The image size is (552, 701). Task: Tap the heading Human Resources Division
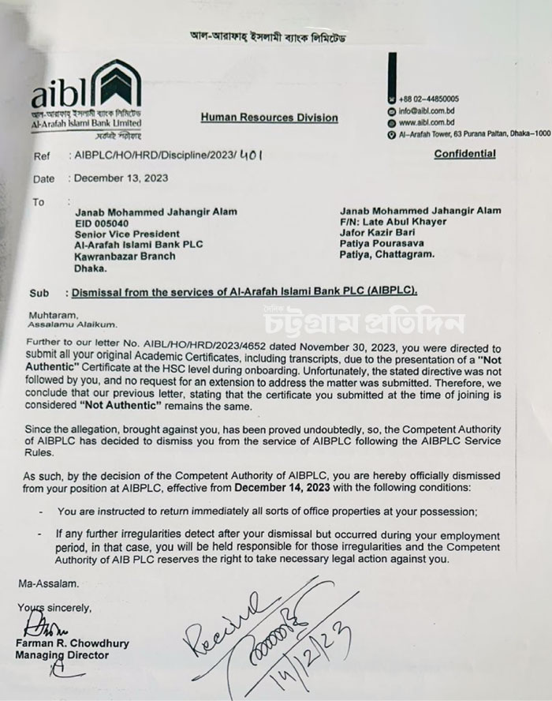click(269, 118)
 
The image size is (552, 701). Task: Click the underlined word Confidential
click(464, 154)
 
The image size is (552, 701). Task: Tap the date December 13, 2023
click(116, 179)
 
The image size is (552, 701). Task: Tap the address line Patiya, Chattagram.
click(393, 256)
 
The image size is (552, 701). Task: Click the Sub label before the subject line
click(41, 291)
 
